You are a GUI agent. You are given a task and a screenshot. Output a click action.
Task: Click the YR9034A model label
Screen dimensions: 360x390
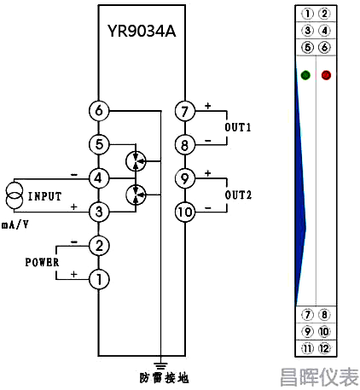[x=142, y=31]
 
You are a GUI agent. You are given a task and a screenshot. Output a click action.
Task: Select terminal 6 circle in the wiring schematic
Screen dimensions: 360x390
[x=99, y=111]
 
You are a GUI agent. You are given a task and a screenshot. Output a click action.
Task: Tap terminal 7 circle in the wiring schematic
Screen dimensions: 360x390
[x=185, y=111]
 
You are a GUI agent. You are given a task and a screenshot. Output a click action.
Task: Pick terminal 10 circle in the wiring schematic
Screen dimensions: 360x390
[x=185, y=212]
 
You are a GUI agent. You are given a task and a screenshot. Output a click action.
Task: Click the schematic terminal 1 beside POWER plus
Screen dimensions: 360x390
[x=99, y=279]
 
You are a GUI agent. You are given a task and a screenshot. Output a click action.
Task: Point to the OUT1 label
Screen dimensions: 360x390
[x=238, y=127]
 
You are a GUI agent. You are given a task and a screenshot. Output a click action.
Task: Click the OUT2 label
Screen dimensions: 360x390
[x=238, y=195]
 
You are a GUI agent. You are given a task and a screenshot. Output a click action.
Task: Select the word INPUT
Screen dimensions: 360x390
[x=45, y=196]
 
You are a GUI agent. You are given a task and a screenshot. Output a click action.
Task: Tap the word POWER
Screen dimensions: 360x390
[x=42, y=262]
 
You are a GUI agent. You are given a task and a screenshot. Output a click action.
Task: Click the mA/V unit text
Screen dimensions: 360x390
[x=15, y=225]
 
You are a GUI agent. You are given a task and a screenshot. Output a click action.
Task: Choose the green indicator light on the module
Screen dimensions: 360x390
[x=305, y=75]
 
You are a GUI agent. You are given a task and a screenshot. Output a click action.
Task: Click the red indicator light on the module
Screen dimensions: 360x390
[x=326, y=75]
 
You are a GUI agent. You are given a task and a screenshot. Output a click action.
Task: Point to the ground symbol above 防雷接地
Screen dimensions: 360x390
[x=160, y=366]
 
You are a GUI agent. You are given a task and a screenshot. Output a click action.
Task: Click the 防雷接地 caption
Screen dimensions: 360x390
[x=164, y=378]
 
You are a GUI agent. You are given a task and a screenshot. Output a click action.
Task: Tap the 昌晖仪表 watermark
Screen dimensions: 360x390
[x=319, y=377]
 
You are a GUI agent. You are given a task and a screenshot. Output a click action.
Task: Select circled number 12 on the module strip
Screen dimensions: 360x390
[x=324, y=348]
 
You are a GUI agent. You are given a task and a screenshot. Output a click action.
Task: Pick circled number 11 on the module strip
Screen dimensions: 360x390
[x=307, y=348]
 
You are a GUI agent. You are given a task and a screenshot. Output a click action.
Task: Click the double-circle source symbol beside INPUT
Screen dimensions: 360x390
[x=14, y=195]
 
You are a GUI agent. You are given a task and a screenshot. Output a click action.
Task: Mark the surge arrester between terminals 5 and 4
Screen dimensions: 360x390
[x=136, y=161]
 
